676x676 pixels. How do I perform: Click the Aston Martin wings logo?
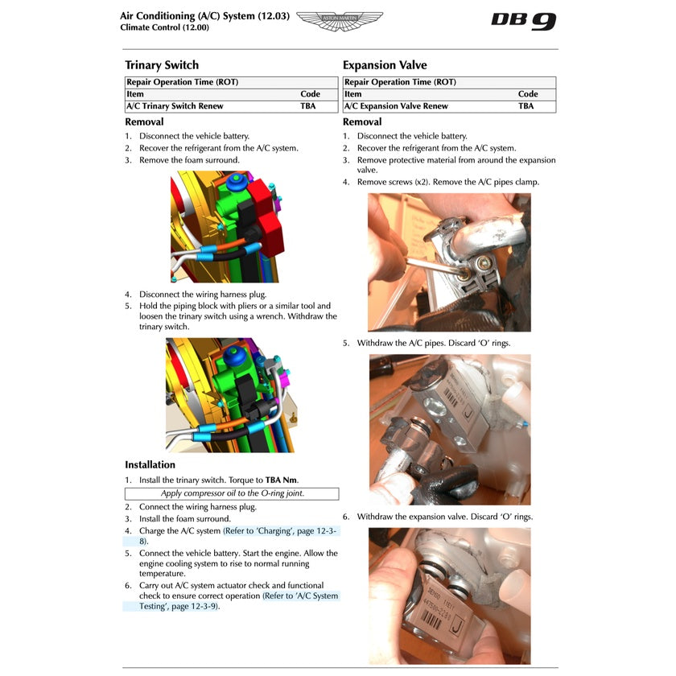pyautogui.click(x=340, y=21)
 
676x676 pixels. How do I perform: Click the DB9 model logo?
pyautogui.click(x=523, y=21)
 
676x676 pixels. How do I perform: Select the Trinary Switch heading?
pyautogui.click(x=162, y=65)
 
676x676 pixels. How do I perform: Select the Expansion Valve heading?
pyautogui.click(x=385, y=65)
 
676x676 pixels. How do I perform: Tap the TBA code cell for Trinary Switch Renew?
pyautogui.click(x=308, y=106)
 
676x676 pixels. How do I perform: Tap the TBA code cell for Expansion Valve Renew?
pyautogui.click(x=526, y=106)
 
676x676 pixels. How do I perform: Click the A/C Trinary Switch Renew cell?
pyautogui.click(x=175, y=106)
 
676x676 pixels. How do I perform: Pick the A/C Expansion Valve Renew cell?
pyautogui.click(x=396, y=106)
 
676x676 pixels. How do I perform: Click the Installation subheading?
pyautogui.click(x=150, y=464)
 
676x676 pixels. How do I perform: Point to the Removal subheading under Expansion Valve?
pyautogui.click(x=362, y=122)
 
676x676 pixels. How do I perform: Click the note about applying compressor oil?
pyautogui.click(x=232, y=493)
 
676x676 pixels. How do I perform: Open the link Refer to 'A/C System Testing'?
pyautogui.click(x=299, y=596)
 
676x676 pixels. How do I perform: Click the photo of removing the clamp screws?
pyautogui.click(x=449, y=262)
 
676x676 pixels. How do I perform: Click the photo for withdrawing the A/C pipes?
pyautogui.click(x=449, y=430)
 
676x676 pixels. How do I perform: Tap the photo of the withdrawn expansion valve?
pyautogui.click(x=449, y=596)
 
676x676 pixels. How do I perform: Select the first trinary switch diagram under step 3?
pyautogui.click(x=225, y=227)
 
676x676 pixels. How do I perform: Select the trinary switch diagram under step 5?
pyautogui.click(x=229, y=394)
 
